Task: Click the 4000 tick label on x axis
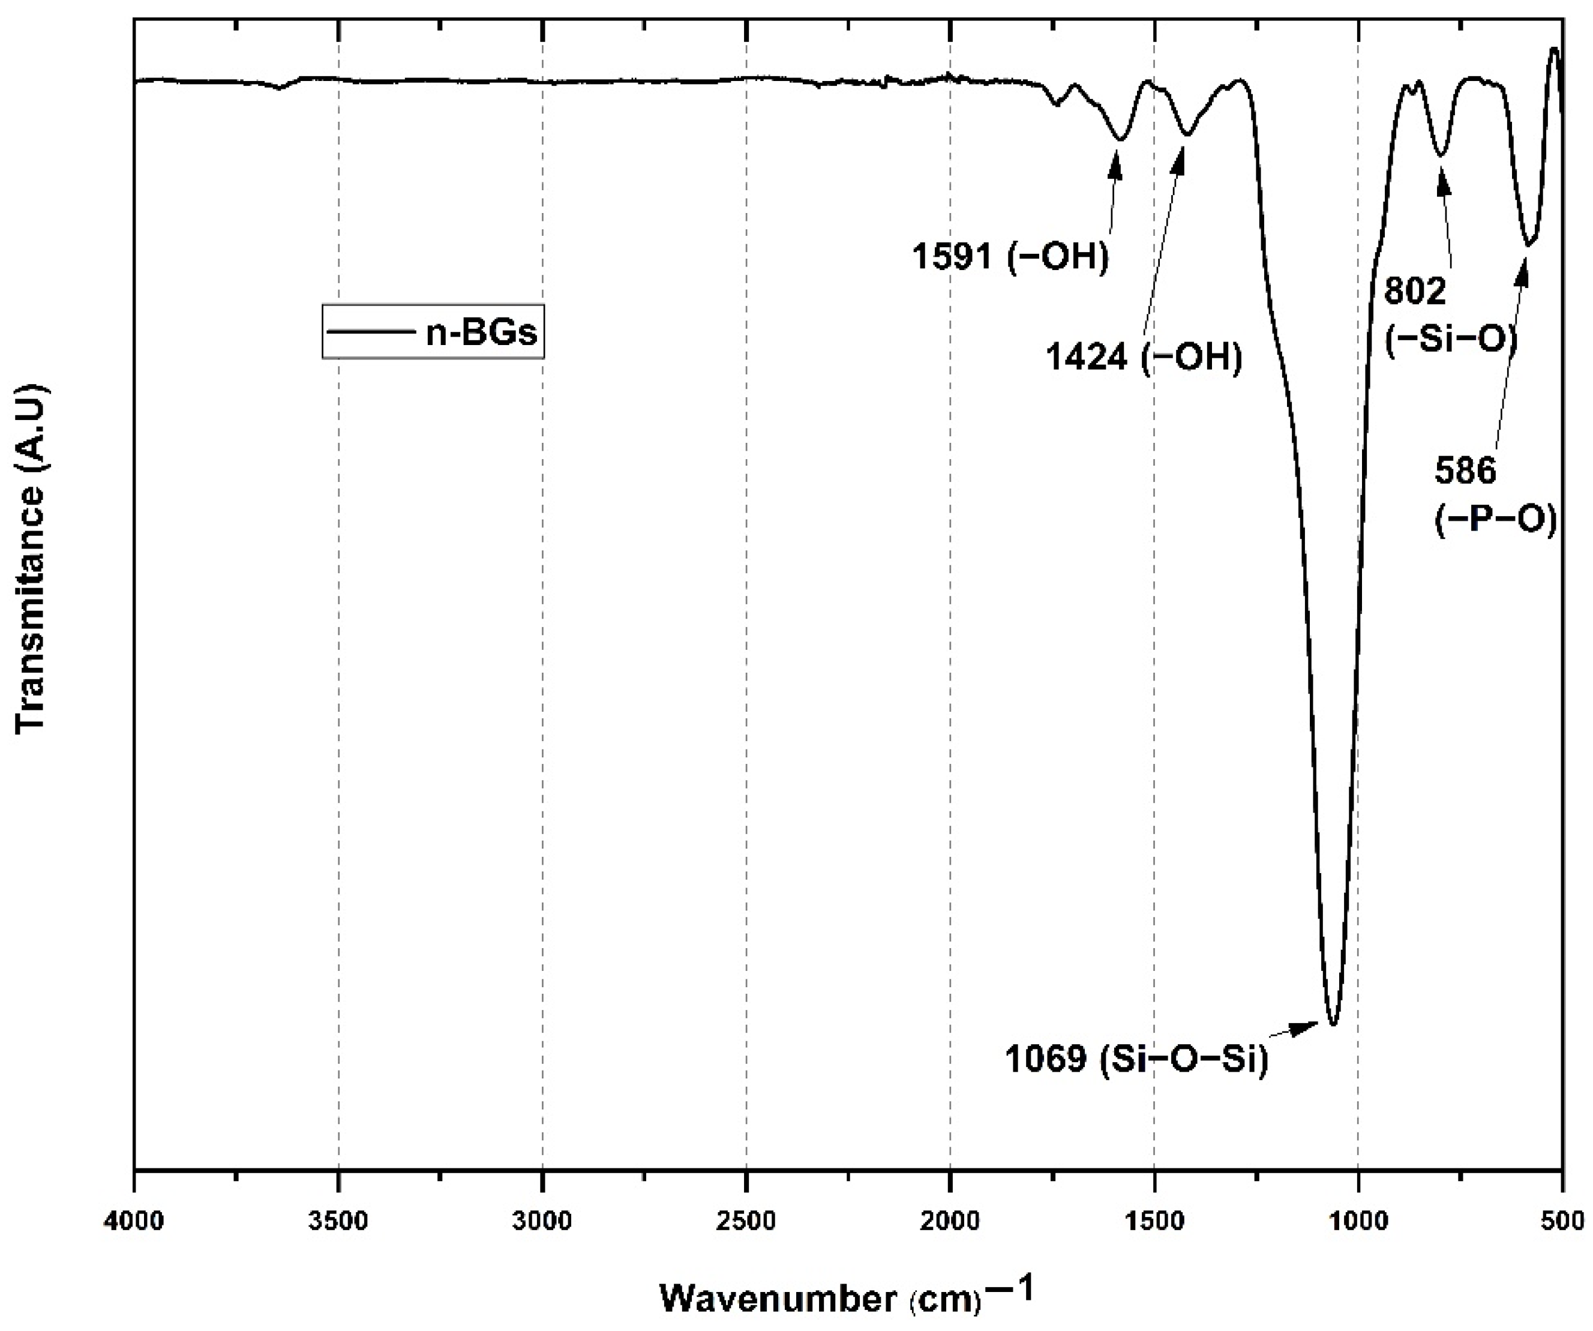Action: point(135,1222)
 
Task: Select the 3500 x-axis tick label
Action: point(338,1222)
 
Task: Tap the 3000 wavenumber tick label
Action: point(542,1222)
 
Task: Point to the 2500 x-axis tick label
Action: point(746,1222)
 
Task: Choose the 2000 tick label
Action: point(950,1222)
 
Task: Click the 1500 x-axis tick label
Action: point(1154,1222)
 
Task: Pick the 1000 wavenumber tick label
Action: point(1358,1222)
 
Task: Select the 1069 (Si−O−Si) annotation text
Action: point(1136,1059)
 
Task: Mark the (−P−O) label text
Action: point(1495,521)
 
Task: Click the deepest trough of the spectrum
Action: point(1333,1024)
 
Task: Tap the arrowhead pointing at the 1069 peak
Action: point(1309,1027)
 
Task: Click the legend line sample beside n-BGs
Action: point(370,332)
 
